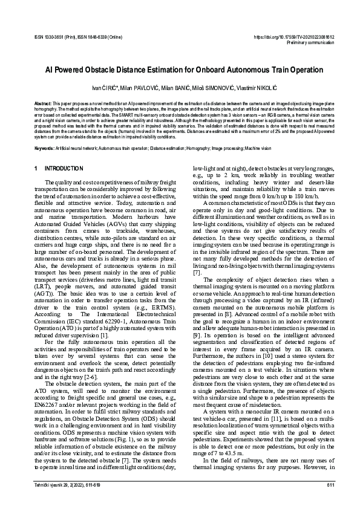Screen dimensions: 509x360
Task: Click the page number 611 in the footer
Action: (330, 485)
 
